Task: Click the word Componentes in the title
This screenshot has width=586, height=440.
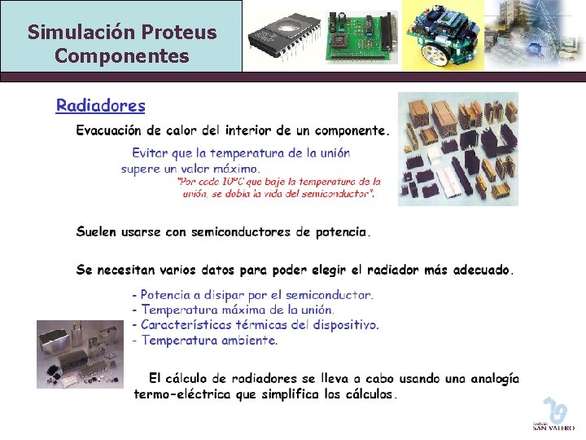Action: tap(122, 56)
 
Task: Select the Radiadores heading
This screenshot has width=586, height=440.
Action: tap(101, 105)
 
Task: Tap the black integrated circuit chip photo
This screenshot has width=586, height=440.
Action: tap(283, 36)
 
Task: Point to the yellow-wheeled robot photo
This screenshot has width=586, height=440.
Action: tap(443, 37)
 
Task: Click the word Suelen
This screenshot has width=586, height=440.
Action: tap(96, 232)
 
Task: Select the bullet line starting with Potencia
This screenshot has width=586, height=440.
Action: tap(252, 295)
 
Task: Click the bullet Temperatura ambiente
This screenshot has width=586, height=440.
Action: tap(204, 341)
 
